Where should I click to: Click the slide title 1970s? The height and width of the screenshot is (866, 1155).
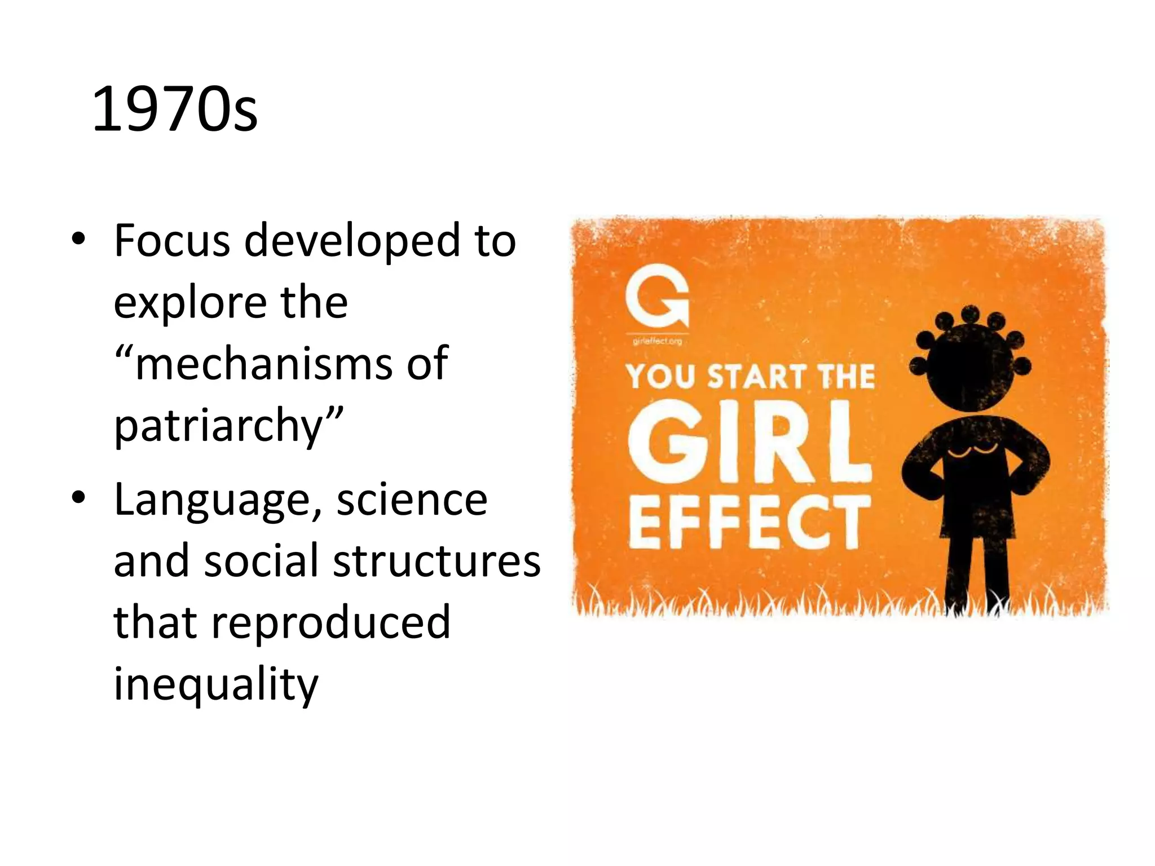tap(174, 109)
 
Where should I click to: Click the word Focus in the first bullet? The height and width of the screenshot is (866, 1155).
tap(172, 241)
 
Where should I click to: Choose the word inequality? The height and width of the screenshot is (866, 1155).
tap(216, 684)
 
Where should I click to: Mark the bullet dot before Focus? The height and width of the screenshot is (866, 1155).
tap(78, 240)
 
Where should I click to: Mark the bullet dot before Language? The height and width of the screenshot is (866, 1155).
tap(78, 498)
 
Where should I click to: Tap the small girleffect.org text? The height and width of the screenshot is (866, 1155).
tap(657, 341)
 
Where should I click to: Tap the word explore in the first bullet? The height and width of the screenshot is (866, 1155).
tap(189, 303)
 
